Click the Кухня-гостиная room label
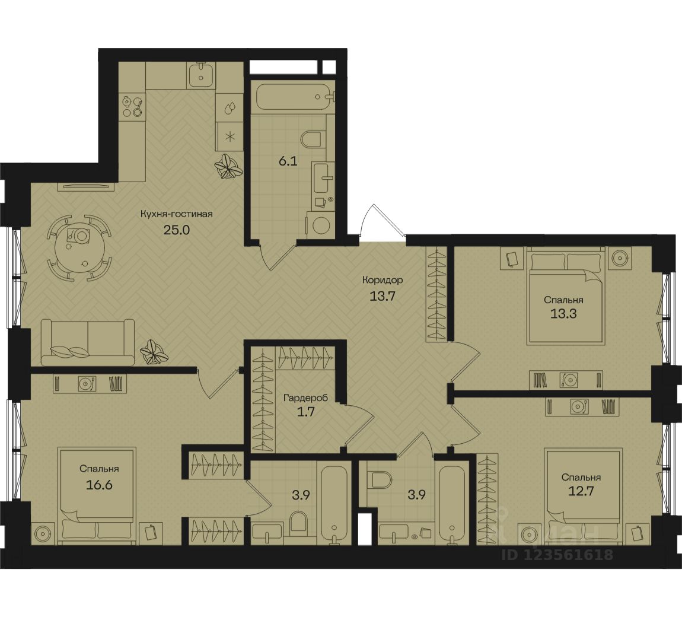pos(176,214)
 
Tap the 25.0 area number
pos(177,230)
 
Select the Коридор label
pos(383,280)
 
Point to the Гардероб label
pos(305,397)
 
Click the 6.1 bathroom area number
pos(288,161)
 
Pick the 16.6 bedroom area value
pos(99,484)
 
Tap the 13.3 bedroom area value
pos(564,313)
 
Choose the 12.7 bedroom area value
pos(581,491)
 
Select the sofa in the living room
pos(88,342)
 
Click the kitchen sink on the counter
pos(202,74)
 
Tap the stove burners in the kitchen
pos(132,107)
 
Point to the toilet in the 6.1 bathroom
pos(313,138)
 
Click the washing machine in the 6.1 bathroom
pos(321,225)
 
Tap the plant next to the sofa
pos(154,352)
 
